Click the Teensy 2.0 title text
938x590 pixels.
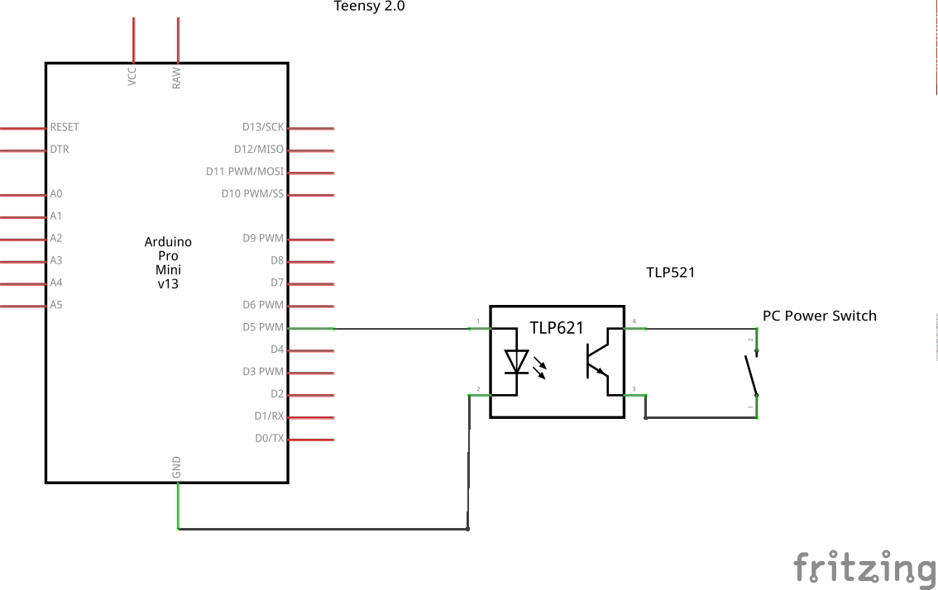tap(369, 7)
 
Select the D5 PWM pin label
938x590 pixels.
tap(263, 327)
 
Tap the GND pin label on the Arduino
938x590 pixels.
tap(176, 468)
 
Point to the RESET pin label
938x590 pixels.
tap(65, 127)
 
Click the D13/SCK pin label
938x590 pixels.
tap(262, 127)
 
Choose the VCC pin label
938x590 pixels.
tap(132, 77)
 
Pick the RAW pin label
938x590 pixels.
tap(176, 78)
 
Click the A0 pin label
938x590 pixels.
tap(56, 194)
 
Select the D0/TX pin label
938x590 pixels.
tap(269, 439)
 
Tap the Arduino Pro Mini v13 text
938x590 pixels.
tap(168, 263)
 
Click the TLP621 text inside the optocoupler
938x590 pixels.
tap(557, 328)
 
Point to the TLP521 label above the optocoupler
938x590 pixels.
tap(670, 273)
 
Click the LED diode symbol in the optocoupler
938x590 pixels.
tap(517, 362)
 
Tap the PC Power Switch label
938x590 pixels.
tap(819, 316)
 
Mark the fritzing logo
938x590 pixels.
tap(864, 569)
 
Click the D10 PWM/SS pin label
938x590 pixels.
tap(252, 194)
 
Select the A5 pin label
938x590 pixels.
tap(56, 305)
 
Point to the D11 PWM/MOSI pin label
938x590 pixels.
tap(244, 172)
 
